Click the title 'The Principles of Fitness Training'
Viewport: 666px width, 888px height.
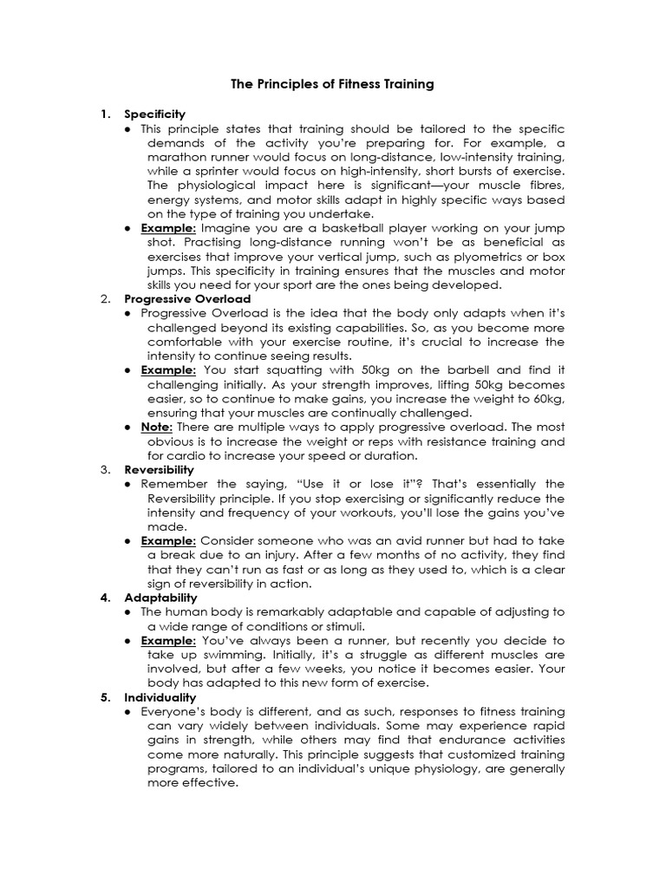pos(332,85)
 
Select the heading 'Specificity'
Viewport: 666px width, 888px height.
pos(154,114)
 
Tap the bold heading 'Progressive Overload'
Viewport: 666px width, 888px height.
pos(176,299)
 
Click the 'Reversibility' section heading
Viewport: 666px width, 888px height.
pos(158,469)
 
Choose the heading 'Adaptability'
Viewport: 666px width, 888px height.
pos(160,597)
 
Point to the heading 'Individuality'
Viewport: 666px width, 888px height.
pos(160,697)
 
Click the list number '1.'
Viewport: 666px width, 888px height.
pos(106,114)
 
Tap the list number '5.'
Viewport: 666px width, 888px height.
pos(106,697)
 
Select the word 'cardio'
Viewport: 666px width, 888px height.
pos(186,455)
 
